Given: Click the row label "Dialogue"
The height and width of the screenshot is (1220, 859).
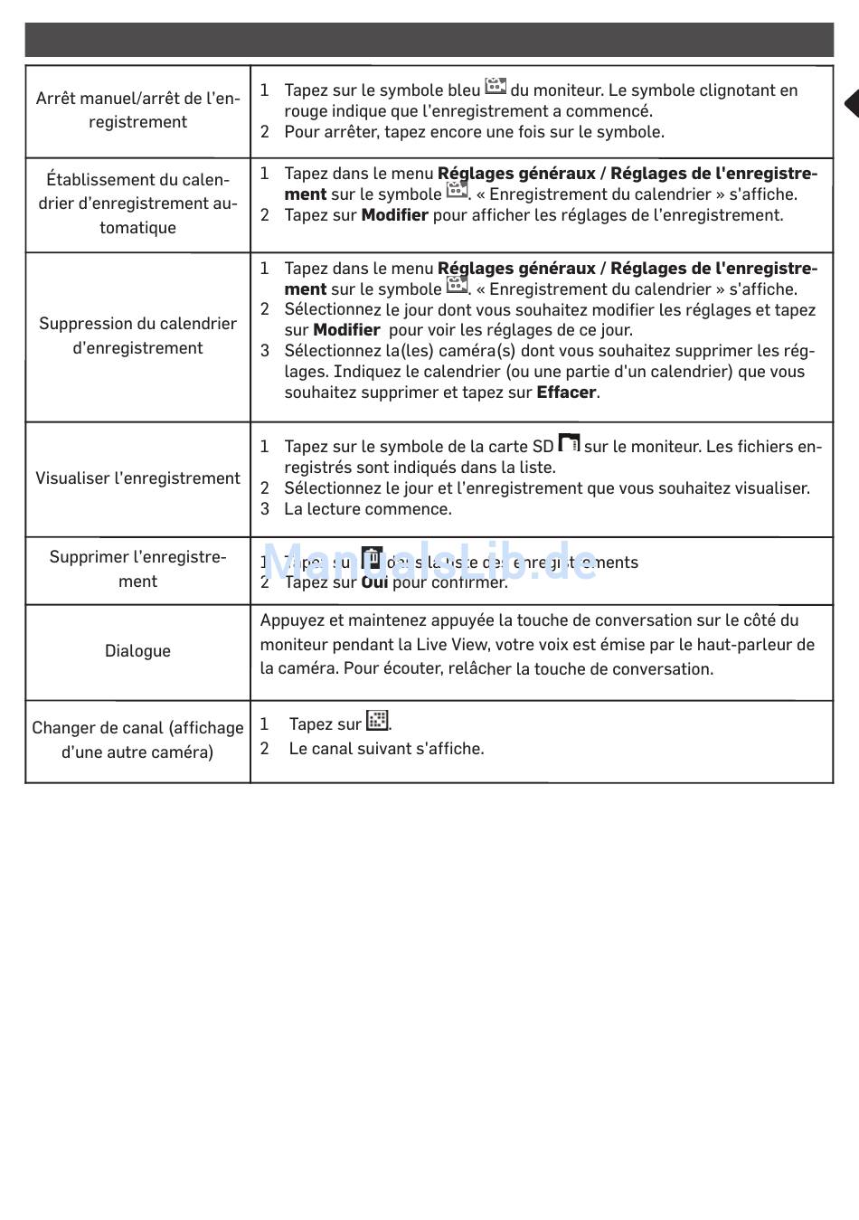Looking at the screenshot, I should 137,651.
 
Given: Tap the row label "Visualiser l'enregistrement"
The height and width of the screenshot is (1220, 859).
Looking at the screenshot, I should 137,478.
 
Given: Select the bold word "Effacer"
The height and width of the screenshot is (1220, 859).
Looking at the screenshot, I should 566,392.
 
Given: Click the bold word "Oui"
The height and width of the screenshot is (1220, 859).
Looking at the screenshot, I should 374,582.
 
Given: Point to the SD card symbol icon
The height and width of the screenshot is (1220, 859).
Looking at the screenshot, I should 569,443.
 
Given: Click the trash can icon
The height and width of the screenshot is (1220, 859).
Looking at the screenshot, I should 372,558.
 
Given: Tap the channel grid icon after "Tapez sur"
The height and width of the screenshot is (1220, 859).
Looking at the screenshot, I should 377,721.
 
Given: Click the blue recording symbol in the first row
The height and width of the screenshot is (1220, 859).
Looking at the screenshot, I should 496,87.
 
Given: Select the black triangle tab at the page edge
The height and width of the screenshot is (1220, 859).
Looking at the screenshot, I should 850,103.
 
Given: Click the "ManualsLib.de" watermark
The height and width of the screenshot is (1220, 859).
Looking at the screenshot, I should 430,563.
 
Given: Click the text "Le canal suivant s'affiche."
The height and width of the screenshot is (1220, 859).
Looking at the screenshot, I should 386,749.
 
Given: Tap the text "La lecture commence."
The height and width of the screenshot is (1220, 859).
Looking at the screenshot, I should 368,509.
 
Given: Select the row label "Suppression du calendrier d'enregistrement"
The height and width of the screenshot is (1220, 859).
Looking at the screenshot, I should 137,336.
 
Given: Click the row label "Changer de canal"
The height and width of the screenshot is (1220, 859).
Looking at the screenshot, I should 137,740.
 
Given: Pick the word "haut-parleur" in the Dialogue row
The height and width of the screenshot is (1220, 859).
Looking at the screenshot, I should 743,645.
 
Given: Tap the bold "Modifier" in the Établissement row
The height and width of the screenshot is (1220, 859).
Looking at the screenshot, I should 394,215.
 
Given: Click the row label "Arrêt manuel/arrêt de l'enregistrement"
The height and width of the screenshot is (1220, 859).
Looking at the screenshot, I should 137,110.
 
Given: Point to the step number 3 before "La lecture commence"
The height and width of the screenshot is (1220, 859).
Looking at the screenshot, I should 265,509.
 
